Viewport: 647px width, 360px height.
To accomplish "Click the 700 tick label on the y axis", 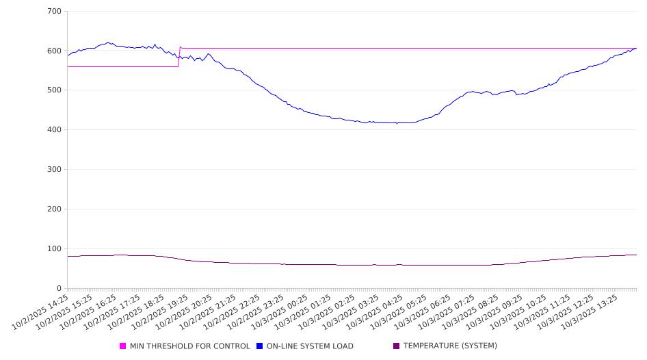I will point(54,12).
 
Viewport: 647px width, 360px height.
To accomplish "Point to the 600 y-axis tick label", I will point(54,51).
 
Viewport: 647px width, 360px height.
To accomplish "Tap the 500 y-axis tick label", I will point(54,90).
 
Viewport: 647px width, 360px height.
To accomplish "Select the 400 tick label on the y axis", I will point(54,130).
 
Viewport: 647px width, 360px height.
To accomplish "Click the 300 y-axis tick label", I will point(54,170).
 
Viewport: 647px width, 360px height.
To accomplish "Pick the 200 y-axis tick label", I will point(54,209).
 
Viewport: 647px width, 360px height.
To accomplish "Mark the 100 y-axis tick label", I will point(54,249).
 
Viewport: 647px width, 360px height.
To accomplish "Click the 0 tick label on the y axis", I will point(60,288).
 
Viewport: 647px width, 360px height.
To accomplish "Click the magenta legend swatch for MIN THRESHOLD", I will point(123,346).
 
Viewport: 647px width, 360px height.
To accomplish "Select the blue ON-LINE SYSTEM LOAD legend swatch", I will point(260,346).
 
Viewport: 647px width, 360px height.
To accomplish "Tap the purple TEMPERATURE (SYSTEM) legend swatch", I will point(397,346).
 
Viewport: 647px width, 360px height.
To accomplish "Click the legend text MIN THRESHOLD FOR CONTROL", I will point(189,346).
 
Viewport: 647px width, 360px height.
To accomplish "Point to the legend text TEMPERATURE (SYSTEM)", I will point(450,346).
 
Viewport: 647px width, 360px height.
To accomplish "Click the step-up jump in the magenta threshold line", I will point(179,57).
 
